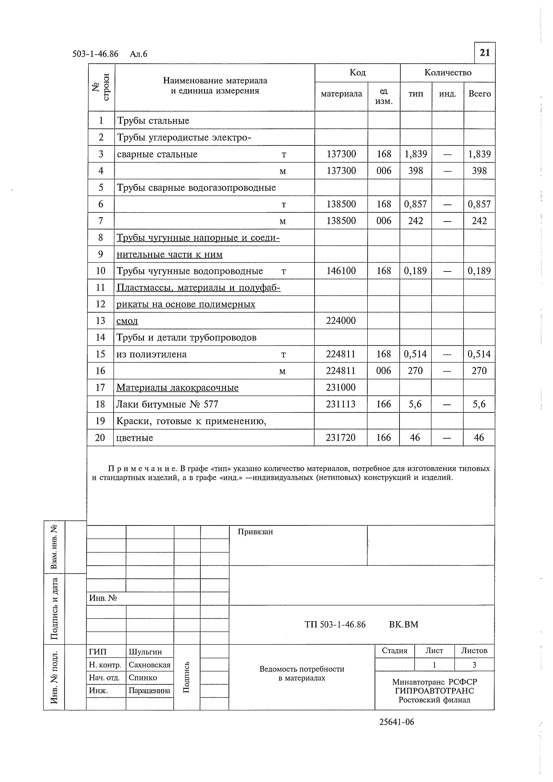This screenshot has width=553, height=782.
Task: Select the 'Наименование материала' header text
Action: (x=215, y=81)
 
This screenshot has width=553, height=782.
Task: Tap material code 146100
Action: (x=341, y=271)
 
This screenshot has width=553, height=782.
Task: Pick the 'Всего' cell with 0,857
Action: (x=479, y=204)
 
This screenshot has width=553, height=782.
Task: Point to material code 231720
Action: (x=340, y=437)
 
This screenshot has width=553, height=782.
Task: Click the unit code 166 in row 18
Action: (x=384, y=404)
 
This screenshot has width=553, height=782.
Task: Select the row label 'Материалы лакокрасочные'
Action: (x=177, y=388)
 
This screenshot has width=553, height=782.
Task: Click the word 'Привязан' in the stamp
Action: (x=255, y=532)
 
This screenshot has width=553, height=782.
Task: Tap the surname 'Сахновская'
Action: (x=149, y=665)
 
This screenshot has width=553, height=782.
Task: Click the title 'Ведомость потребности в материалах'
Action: (x=302, y=673)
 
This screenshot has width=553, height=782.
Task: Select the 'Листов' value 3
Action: (x=474, y=664)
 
